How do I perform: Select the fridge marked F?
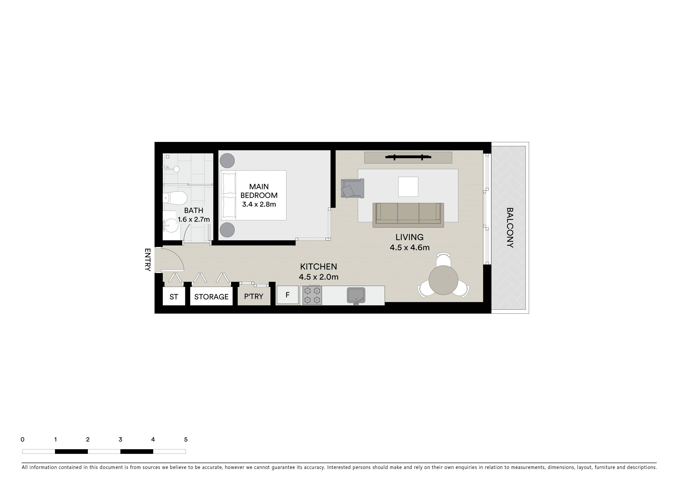coord(287,295)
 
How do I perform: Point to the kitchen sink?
coord(356,295)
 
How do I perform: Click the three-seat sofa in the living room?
coord(408,215)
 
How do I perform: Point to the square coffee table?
coord(408,187)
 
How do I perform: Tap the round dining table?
coord(443,280)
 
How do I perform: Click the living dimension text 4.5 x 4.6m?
coord(410,247)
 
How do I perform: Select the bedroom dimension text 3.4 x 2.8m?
coord(259,204)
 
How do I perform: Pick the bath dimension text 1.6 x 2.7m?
coord(194,219)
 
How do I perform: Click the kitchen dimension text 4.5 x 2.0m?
coord(319,277)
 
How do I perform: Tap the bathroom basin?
coord(171,225)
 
